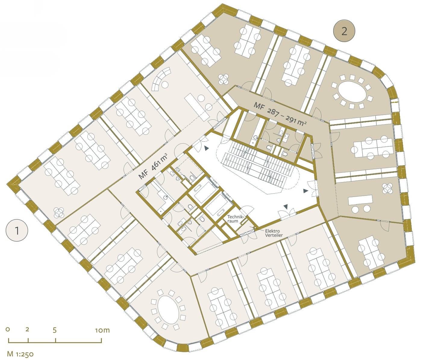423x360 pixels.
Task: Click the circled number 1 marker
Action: tap(17, 231)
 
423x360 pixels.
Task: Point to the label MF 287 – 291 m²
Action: tap(280, 115)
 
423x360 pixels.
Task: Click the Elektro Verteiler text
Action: tap(274, 233)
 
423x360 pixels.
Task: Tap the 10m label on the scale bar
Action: tap(102, 330)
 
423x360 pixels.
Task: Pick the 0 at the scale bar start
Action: tap(8, 330)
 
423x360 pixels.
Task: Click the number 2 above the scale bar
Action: tap(27, 329)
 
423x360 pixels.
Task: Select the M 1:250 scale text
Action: tap(20, 354)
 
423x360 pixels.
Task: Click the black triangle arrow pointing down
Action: tap(286, 207)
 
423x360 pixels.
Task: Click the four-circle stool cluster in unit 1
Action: tap(59, 212)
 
